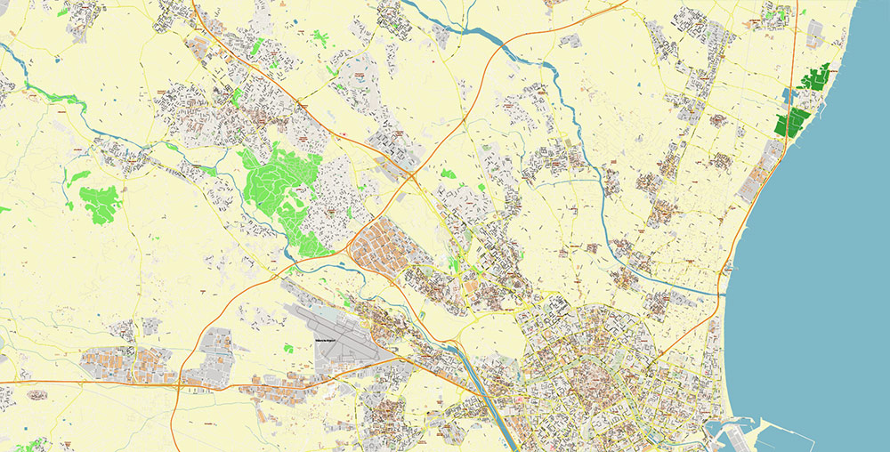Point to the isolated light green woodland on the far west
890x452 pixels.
[x=100, y=202]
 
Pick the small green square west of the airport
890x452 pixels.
[x=288, y=348]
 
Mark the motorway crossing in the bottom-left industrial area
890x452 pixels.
[x=177, y=384]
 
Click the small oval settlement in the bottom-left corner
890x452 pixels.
[x=36, y=395]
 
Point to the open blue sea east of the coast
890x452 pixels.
[x=828, y=267]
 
